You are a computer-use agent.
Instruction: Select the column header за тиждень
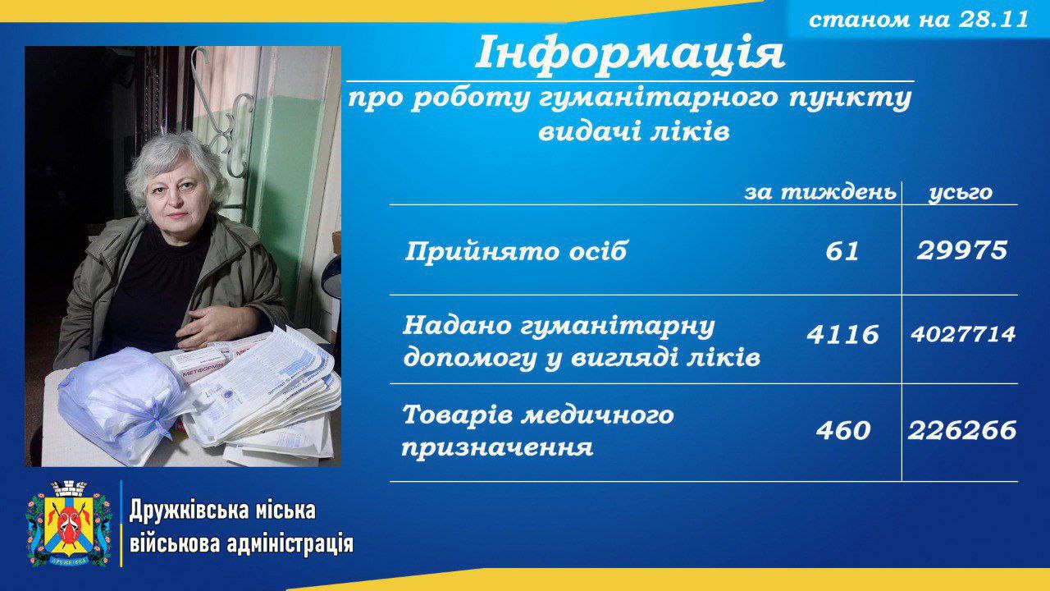[820, 193]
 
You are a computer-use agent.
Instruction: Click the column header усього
[961, 193]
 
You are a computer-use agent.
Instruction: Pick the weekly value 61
[842, 251]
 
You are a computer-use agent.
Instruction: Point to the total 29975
[962, 250]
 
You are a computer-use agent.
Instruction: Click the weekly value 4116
[842, 335]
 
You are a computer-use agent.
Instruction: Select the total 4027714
[963, 334]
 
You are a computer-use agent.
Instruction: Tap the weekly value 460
[843, 431]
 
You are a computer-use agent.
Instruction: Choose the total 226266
[962, 431]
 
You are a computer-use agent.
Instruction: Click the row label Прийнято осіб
[515, 251]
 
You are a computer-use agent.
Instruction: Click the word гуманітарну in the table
[618, 328]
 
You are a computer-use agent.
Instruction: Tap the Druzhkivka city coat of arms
[68, 525]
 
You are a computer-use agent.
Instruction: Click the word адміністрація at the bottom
[290, 544]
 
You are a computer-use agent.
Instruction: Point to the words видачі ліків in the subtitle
[634, 132]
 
